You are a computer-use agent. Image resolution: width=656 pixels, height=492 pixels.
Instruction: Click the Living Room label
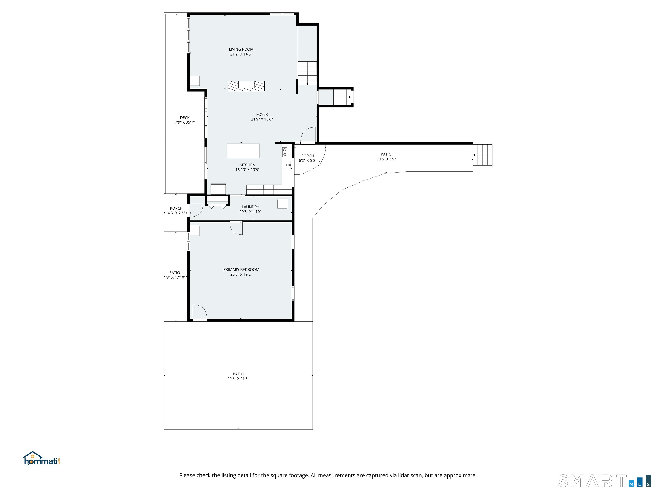(241, 50)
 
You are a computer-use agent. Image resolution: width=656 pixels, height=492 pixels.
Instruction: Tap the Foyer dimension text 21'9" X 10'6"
(262, 119)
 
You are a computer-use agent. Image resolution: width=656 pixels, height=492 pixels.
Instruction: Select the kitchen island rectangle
(243, 151)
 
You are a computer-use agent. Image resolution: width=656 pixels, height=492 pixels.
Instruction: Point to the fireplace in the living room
(246, 86)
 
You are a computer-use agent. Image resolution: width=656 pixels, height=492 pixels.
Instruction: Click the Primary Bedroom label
(241, 269)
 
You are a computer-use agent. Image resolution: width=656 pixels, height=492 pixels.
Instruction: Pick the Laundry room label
(250, 207)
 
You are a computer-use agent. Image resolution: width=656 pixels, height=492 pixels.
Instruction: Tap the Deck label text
(185, 118)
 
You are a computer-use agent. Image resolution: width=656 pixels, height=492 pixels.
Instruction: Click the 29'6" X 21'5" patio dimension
(238, 379)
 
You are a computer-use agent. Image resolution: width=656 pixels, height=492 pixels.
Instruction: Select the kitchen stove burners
(285, 152)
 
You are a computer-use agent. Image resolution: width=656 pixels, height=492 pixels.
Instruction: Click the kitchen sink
(287, 165)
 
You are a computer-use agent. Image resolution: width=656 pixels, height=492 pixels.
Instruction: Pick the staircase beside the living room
(307, 73)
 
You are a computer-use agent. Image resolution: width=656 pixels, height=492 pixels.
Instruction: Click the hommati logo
(41, 458)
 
